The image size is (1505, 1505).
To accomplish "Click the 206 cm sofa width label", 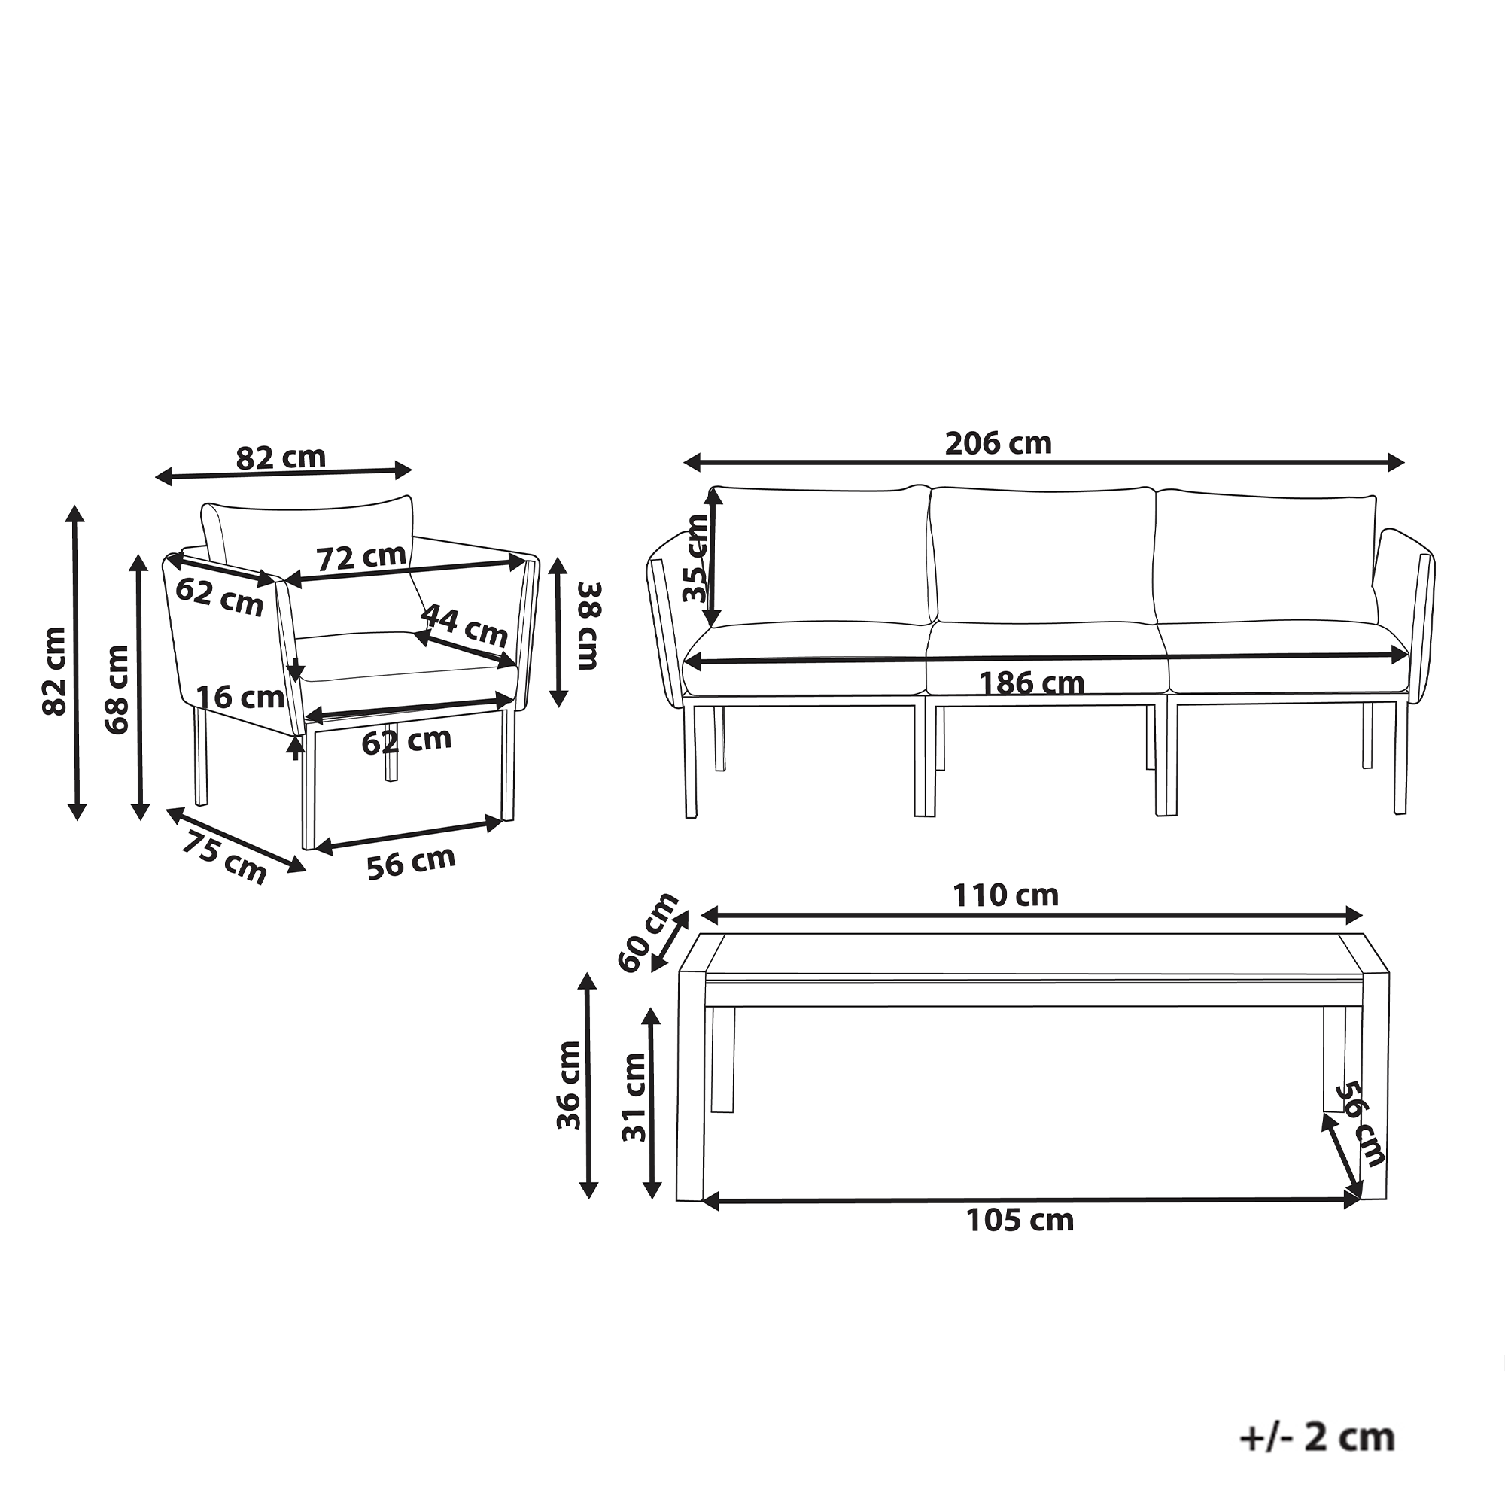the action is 998,443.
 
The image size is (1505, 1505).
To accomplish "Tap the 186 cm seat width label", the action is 1032,683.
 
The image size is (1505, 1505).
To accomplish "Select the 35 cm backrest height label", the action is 695,558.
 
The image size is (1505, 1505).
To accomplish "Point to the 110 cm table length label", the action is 1005,895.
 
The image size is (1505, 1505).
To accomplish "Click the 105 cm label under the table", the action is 1020,1220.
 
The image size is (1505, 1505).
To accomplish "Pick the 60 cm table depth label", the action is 647,932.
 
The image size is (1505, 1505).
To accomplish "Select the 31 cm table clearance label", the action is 634,1097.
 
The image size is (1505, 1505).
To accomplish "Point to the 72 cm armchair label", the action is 361,557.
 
